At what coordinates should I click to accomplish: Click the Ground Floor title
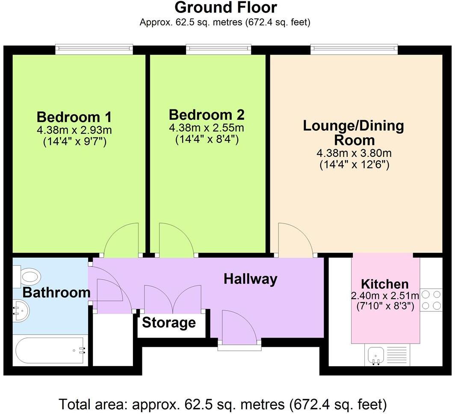(226, 8)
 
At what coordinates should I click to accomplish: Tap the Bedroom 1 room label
(74, 117)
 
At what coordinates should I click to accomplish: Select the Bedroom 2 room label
(207, 115)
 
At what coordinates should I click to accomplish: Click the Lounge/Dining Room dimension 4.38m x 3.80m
(353, 153)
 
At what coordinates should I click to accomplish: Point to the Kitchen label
(384, 284)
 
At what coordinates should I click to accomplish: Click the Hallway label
(250, 279)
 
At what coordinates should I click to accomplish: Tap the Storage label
(168, 323)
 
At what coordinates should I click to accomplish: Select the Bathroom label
(56, 293)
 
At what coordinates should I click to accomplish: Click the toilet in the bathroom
(28, 276)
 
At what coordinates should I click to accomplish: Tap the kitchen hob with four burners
(431, 299)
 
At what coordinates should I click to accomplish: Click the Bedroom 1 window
(94, 50)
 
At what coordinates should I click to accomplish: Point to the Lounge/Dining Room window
(354, 50)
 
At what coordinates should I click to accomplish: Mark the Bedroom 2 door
(176, 240)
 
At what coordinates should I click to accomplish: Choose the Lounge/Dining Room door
(295, 240)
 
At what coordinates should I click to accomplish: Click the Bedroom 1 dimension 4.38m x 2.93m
(74, 130)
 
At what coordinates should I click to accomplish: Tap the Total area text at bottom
(222, 403)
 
